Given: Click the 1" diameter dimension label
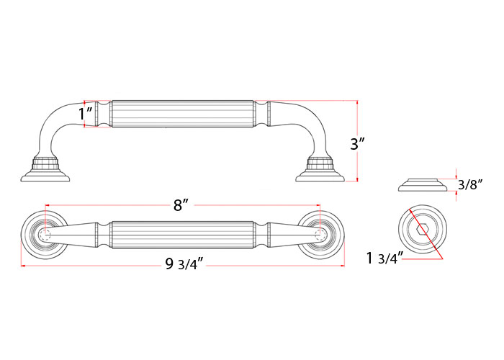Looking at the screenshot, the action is tap(86, 114).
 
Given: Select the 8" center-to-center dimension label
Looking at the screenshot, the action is tap(180, 205).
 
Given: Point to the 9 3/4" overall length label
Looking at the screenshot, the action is tap(184, 264).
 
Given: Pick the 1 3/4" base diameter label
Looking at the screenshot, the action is tap(384, 258).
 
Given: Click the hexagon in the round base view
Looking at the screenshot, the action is tap(423, 230).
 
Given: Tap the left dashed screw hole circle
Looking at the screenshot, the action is tap(45, 234).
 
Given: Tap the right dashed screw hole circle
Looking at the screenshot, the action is tap(320, 234).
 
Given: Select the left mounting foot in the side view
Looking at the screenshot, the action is tap(45, 170).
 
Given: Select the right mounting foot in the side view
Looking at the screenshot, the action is tap(320, 170).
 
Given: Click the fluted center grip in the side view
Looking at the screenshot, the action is tap(182, 114).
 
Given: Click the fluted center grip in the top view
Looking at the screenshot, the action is tap(182, 235).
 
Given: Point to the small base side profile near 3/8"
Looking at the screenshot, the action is tap(423, 185).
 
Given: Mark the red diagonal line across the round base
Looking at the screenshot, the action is tap(426, 234).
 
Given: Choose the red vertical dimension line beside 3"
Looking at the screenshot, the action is tap(357, 141).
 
